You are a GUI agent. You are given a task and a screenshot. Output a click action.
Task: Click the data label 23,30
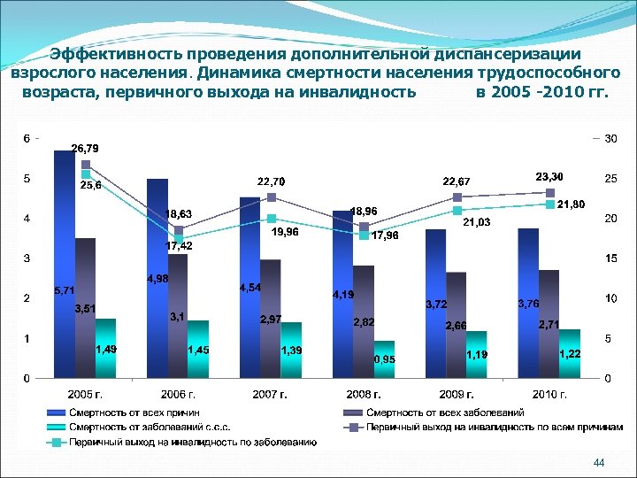(x=551, y=177)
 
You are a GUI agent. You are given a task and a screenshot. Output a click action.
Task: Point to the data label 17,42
(x=180, y=245)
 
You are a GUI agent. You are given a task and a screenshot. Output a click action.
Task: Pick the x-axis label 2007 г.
(x=270, y=395)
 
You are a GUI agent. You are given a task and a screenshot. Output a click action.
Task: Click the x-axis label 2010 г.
(x=549, y=395)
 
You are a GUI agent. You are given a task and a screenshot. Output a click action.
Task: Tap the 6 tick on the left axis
(x=26, y=138)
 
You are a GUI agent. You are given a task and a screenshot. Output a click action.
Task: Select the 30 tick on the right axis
(x=610, y=138)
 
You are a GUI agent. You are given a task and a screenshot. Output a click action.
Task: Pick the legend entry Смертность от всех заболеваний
(x=442, y=412)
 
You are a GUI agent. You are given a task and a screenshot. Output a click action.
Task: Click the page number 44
(x=599, y=463)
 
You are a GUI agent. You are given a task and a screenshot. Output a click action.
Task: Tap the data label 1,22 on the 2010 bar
(x=570, y=353)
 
